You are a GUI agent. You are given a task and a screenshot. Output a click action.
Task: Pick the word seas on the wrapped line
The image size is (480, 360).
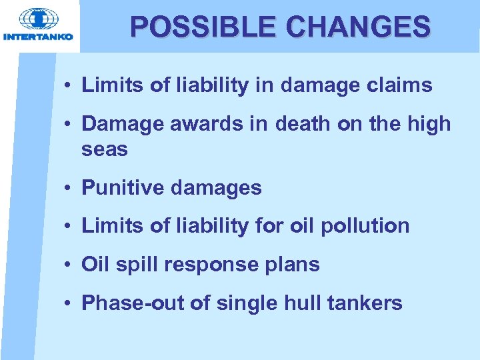(x=104, y=149)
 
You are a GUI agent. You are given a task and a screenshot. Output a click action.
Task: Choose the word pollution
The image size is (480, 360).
(x=365, y=226)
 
